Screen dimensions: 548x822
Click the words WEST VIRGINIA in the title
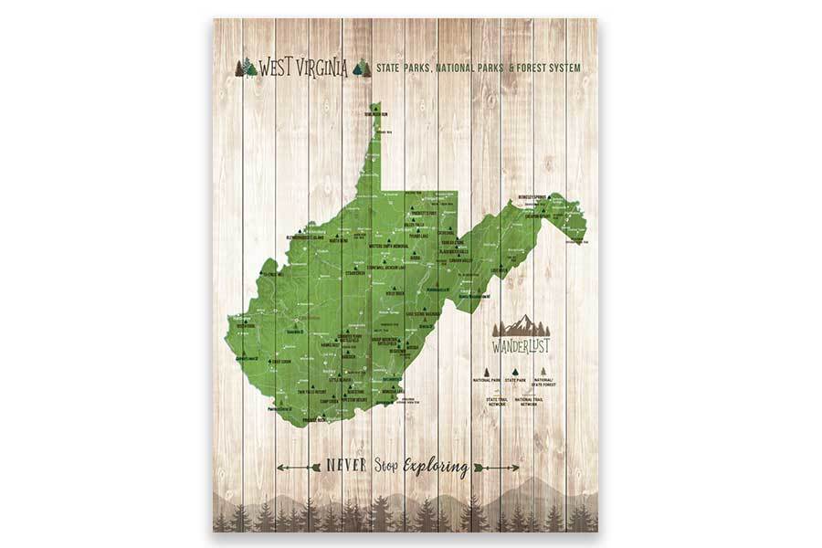302,68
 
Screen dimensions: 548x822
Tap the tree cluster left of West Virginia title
246,68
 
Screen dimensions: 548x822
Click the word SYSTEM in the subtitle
559,68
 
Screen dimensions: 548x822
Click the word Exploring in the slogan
436,468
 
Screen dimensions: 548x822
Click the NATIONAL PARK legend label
487,378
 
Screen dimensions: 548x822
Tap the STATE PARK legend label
517,378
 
